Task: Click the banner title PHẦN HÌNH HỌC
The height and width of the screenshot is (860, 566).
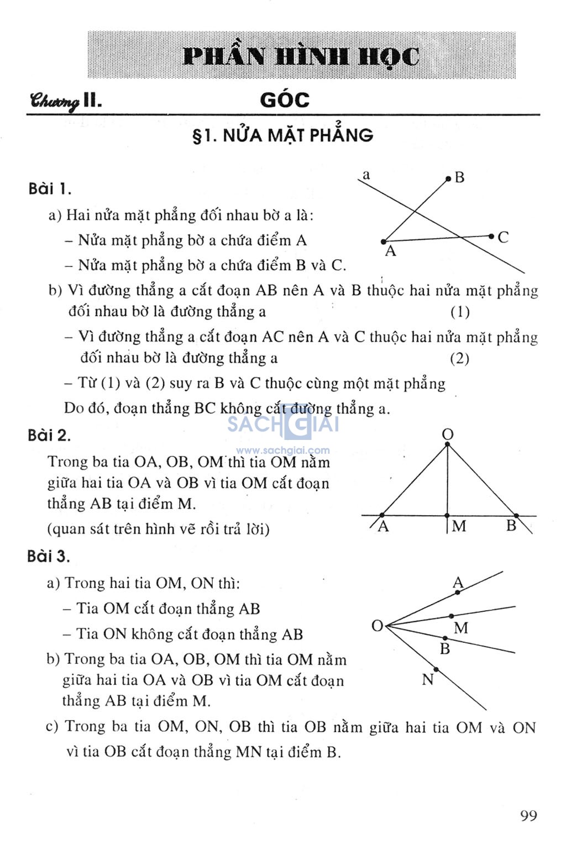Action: [x=301, y=56]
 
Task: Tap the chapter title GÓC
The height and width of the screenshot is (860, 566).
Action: [x=285, y=100]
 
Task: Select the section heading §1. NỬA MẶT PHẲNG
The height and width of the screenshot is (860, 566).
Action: [x=282, y=135]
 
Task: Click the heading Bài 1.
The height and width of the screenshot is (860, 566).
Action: [x=50, y=189]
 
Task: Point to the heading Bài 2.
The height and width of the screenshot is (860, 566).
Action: [x=49, y=436]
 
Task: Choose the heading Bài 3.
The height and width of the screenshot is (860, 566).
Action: [x=49, y=556]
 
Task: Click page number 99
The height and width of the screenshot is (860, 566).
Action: [x=528, y=816]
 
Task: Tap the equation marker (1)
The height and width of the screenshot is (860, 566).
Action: [x=460, y=312]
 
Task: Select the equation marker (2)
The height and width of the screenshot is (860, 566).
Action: [x=459, y=359]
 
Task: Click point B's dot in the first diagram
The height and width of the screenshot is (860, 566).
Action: [x=448, y=179]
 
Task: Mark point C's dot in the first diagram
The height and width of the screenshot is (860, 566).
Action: [x=491, y=237]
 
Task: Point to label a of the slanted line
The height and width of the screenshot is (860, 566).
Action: [x=366, y=176]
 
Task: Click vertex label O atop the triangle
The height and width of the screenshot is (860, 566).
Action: [x=448, y=434]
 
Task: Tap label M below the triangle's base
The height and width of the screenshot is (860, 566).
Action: [x=459, y=526]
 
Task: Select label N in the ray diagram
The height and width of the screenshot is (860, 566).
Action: [x=427, y=680]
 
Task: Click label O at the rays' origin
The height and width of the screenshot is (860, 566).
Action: [x=377, y=626]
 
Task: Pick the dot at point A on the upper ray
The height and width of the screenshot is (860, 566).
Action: [x=458, y=592]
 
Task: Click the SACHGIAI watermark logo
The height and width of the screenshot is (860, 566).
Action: [x=283, y=424]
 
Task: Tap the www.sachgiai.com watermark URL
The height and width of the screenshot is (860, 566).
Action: [x=283, y=450]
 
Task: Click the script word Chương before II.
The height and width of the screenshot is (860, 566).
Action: [x=55, y=101]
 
